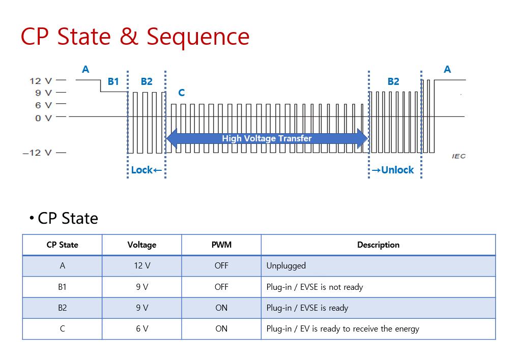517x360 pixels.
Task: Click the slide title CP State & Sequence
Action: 135,37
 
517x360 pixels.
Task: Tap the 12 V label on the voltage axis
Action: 41,80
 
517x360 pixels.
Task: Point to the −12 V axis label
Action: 37,153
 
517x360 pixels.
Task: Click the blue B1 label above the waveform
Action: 113,81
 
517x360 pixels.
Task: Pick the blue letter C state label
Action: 182,93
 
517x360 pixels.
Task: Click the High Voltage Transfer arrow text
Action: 267,138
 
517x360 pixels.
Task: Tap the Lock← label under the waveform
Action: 146,170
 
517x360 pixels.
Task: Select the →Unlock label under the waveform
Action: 392,170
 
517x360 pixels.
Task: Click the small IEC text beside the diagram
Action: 458,156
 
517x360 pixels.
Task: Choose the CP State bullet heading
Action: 67,218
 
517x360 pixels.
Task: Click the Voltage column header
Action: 141,245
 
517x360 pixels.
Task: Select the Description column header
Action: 378,245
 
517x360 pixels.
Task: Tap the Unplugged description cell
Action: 286,265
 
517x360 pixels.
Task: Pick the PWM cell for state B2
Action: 221,308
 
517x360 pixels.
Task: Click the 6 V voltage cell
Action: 141,328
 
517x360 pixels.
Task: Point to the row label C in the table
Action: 62,328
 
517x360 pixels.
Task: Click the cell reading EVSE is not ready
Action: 314,287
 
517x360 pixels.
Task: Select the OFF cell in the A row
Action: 221,265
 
